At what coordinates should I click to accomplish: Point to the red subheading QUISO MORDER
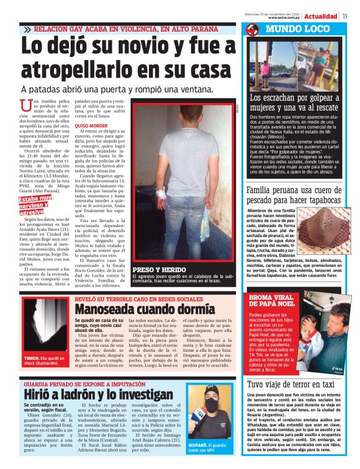(x=91, y=126)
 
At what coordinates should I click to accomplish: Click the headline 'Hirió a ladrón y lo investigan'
(x=91, y=395)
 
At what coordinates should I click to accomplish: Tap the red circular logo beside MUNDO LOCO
(x=252, y=30)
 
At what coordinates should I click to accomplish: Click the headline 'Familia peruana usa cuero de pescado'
(x=293, y=195)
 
